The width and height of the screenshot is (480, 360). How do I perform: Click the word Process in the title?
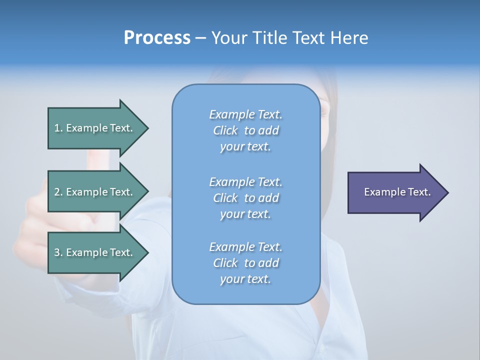(157, 37)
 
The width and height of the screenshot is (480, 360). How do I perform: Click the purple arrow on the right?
(395, 192)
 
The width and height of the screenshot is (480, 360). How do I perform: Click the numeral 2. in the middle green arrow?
(58, 192)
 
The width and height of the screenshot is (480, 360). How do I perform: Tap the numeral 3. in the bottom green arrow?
(58, 252)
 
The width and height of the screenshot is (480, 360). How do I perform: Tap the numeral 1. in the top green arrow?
(58, 128)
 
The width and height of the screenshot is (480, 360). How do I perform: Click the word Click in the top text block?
(225, 130)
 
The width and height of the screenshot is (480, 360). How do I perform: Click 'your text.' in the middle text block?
(245, 214)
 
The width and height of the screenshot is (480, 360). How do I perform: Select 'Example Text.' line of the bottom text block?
(245, 247)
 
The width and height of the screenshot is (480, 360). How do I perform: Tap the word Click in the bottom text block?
(225, 263)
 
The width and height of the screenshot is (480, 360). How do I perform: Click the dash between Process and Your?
(201, 38)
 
